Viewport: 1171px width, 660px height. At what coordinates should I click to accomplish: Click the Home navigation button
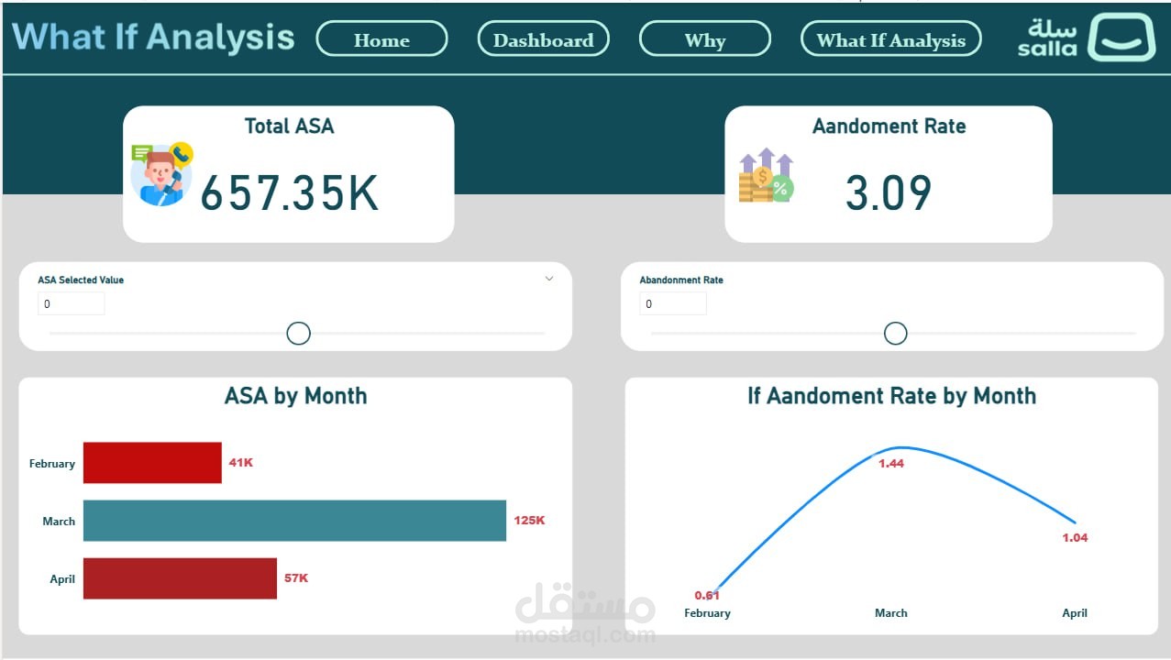click(x=381, y=38)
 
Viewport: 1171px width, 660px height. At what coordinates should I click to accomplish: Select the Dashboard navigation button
click(x=543, y=38)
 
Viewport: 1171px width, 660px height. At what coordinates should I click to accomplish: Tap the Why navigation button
click(x=704, y=38)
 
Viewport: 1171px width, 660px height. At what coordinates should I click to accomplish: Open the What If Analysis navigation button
click(x=890, y=38)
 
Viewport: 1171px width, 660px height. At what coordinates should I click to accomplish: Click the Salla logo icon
click(x=1121, y=38)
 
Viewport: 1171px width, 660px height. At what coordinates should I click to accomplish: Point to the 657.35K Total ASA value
click(x=289, y=193)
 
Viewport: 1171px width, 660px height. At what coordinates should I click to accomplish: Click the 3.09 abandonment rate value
click(x=889, y=192)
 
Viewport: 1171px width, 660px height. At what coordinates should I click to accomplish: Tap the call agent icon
click(x=161, y=174)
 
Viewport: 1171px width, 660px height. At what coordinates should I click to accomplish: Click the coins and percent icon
click(x=766, y=175)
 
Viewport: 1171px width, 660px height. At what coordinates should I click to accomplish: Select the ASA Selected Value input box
click(x=72, y=303)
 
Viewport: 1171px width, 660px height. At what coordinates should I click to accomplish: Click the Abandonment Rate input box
click(x=673, y=303)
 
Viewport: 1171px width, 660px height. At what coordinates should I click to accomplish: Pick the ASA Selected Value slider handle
click(x=299, y=334)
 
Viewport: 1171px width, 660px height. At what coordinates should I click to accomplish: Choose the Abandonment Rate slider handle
click(x=896, y=334)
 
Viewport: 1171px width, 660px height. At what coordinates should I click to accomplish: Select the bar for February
click(x=152, y=463)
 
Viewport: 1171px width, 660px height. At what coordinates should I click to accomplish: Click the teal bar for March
click(x=294, y=521)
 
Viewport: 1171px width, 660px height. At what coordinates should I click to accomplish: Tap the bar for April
click(x=180, y=578)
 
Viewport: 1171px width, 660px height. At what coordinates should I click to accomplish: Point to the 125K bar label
click(x=529, y=521)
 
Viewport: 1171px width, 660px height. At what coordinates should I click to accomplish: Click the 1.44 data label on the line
click(x=890, y=464)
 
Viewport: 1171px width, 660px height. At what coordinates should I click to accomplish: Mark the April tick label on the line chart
click(x=1075, y=613)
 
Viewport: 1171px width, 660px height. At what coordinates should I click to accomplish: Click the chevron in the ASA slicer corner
click(x=549, y=279)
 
